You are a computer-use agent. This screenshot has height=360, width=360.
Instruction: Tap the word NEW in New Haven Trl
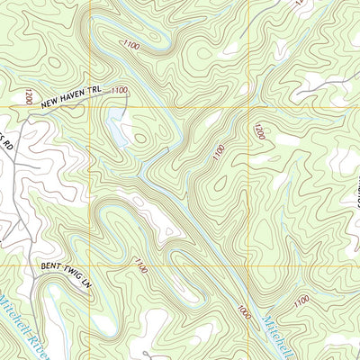pos(47,93)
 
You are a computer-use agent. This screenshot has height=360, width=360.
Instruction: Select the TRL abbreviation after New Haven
pos(97,91)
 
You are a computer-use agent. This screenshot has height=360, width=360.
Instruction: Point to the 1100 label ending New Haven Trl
pos(120,90)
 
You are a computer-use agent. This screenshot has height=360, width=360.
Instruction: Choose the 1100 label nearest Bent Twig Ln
pos(140,265)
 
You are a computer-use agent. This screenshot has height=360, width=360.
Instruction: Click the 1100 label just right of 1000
pos(302,299)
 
